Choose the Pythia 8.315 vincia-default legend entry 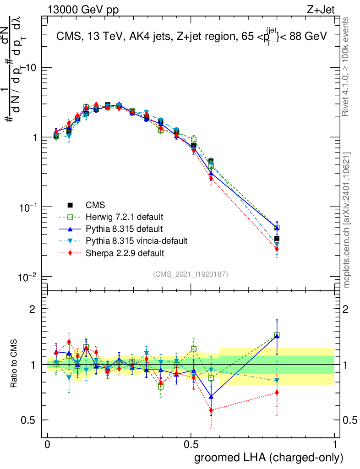point(133,240)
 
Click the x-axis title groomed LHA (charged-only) point(269,458)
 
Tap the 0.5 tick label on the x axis point(191,445)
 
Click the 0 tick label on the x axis point(48,445)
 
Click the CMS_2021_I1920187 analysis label point(191,274)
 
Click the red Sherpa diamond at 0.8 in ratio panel point(277,393)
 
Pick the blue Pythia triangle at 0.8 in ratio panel point(277,336)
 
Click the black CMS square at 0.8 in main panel point(277,239)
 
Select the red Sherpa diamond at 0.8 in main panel point(277,249)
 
